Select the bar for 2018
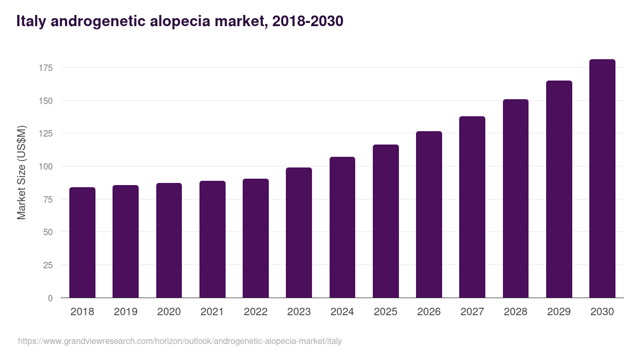(x=82, y=243)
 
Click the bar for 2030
(x=602, y=179)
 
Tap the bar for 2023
(x=299, y=233)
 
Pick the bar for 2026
(x=429, y=214)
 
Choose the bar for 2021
(x=212, y=239)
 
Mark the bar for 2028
(x=515, y=198)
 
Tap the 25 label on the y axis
(x=47, y=265)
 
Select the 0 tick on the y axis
(x=50, y=298)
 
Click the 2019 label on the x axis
(x=125, y=311)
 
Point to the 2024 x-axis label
(x=342, y=311)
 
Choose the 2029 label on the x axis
(x=559, y=311)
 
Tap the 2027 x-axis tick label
(x=472, y=311)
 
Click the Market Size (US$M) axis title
(x=21, y=172)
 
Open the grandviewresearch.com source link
(x=180, y=341)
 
